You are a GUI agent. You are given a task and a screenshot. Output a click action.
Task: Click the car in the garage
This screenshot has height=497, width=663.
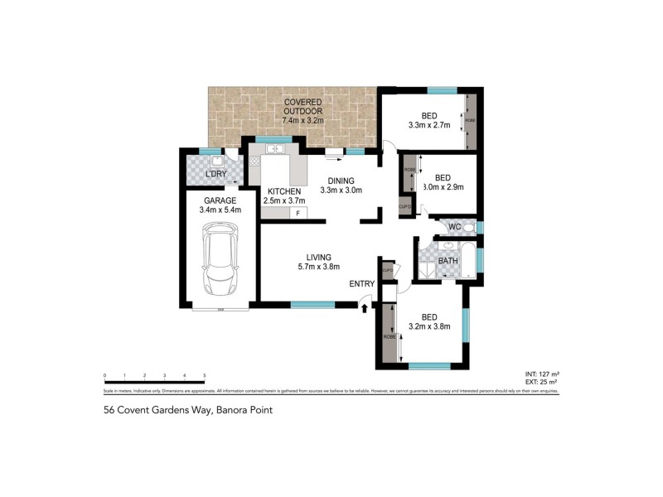220,264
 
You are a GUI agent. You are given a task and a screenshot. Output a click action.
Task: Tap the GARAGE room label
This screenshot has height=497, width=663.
219,200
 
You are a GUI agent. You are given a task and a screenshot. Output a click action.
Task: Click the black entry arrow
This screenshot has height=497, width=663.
365,308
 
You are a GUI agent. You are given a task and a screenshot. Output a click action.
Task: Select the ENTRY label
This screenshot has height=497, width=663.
363,284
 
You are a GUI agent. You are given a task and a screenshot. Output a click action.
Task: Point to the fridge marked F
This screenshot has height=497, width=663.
298,213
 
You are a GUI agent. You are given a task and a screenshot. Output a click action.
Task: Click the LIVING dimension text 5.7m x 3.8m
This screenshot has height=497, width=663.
319,266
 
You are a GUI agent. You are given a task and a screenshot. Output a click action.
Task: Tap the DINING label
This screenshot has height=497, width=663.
341,181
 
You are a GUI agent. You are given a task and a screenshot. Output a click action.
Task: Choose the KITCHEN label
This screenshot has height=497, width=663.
283,191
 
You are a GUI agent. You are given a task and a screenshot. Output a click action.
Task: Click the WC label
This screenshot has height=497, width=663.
454,226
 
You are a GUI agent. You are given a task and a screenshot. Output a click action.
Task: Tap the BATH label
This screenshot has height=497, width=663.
448,261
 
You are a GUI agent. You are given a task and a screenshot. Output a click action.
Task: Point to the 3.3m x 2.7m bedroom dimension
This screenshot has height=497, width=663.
428,126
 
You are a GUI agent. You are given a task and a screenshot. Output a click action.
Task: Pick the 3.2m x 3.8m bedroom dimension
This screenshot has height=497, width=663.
429,326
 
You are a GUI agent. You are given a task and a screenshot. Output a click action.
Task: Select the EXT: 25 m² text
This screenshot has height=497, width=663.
542,383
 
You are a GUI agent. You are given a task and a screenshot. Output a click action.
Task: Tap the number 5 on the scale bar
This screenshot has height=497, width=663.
204,376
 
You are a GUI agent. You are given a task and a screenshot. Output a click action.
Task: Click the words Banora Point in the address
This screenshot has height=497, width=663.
244,409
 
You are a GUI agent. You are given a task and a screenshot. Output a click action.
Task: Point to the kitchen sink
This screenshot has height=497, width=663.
273,149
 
